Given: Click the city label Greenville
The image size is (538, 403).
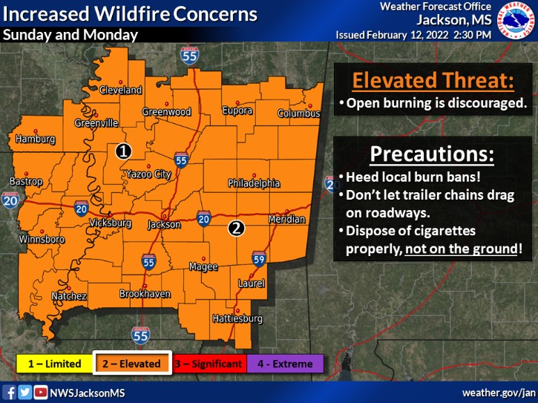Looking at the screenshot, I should (x=96, y=123).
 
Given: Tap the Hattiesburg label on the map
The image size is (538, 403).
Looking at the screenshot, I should (x=238, y=319).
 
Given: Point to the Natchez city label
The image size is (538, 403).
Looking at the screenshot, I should (x=70, y=296).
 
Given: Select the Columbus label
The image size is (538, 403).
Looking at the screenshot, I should (x=299, y=114).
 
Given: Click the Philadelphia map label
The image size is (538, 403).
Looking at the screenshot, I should (x=254, y=183).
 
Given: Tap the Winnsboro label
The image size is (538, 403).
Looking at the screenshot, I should (x=42, y=240).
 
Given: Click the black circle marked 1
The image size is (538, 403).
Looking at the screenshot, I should (x=123, y=151).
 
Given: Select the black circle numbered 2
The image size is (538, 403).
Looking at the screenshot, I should (x=236, y=228).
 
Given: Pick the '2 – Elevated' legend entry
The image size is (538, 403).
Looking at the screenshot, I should (x=133, y=364).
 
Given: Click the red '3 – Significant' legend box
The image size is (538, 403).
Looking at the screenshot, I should (x=209, y=364).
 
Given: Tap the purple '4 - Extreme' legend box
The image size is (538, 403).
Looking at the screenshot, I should (x=286, y=364).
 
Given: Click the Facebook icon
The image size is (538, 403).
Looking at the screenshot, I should (x=10, y=392).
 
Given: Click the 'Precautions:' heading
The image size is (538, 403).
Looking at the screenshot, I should (x=432, y=155).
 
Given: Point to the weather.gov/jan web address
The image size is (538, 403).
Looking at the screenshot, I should (x=498, y=392).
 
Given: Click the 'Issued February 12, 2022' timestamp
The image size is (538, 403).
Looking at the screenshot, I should (x=413, y=35).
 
